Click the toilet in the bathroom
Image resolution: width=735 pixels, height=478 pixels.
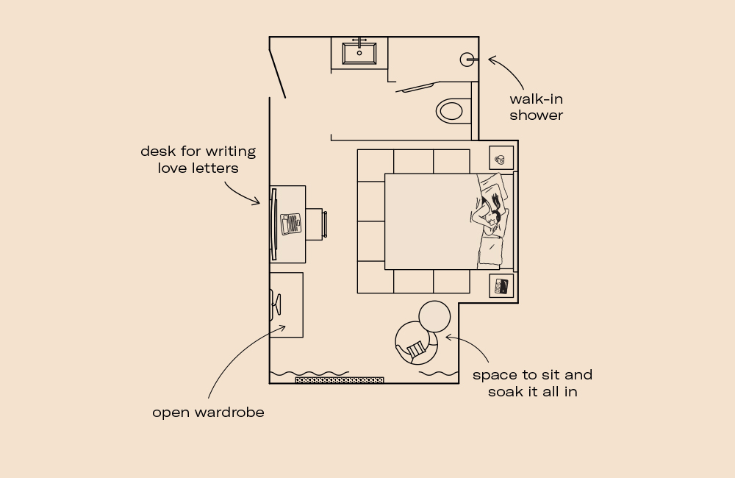pos(451,111)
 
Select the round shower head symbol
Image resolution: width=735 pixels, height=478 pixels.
pos(467,60)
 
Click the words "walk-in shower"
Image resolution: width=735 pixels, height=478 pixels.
pos(536,107)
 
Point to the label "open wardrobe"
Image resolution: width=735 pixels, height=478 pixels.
pos(208,413)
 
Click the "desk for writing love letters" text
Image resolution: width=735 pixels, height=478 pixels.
pos(198,160)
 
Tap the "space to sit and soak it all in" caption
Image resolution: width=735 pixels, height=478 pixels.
pos(532,383)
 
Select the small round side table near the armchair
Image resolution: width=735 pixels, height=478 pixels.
pos(434,316)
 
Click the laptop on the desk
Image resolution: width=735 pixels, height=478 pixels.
pos(291,224)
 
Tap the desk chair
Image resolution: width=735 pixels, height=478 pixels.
pos(318,224)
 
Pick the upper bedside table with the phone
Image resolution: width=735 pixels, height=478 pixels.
pos(501,158)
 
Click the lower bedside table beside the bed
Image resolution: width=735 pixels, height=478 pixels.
pos(501,286)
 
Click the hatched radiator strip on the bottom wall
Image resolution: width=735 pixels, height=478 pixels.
pos(340,380)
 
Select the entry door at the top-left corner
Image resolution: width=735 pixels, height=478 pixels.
pos(278,71)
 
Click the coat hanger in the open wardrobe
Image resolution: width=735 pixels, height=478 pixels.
pos(276,304)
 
